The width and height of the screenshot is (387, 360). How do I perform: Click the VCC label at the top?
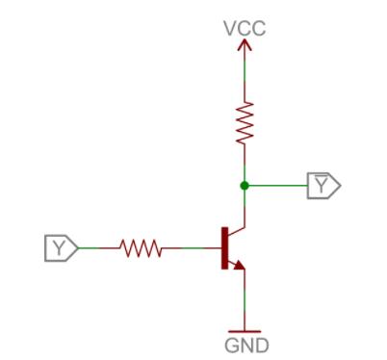coord(245,29)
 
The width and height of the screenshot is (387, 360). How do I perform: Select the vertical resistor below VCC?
coord(245,122)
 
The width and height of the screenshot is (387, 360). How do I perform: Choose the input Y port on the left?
coord(61,247)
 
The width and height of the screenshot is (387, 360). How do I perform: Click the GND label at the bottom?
coord(245,344)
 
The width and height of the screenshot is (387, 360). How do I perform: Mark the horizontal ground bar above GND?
coord(245,328)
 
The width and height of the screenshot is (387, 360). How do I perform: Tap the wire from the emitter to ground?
coord(245,298)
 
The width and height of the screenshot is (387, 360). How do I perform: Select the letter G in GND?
coord(230,344)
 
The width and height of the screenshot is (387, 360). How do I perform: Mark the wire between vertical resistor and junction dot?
coord(245,164)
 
